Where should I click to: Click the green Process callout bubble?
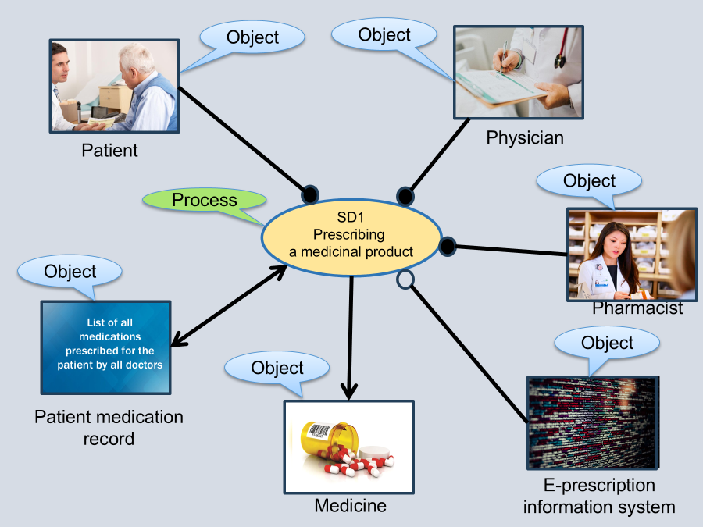(204, 201)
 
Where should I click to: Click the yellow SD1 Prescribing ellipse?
(351, 233)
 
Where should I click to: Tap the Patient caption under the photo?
(109, 150)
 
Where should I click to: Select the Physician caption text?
(525, 138)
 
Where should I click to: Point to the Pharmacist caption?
(637, 308)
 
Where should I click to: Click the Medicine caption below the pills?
(350, 506)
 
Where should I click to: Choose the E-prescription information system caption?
(598, 496)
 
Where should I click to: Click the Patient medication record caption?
(109, 427)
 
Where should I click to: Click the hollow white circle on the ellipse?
(405, 279)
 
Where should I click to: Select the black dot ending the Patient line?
(309, 193)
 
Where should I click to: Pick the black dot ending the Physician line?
(405, 195)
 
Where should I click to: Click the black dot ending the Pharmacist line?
(447, 247)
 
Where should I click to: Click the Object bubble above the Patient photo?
(252, 37)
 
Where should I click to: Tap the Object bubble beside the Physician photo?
(384, 35)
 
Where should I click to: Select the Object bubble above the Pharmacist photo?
(589, 181)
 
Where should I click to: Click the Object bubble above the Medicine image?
(277, 368)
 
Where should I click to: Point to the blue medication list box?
(105, 347)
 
